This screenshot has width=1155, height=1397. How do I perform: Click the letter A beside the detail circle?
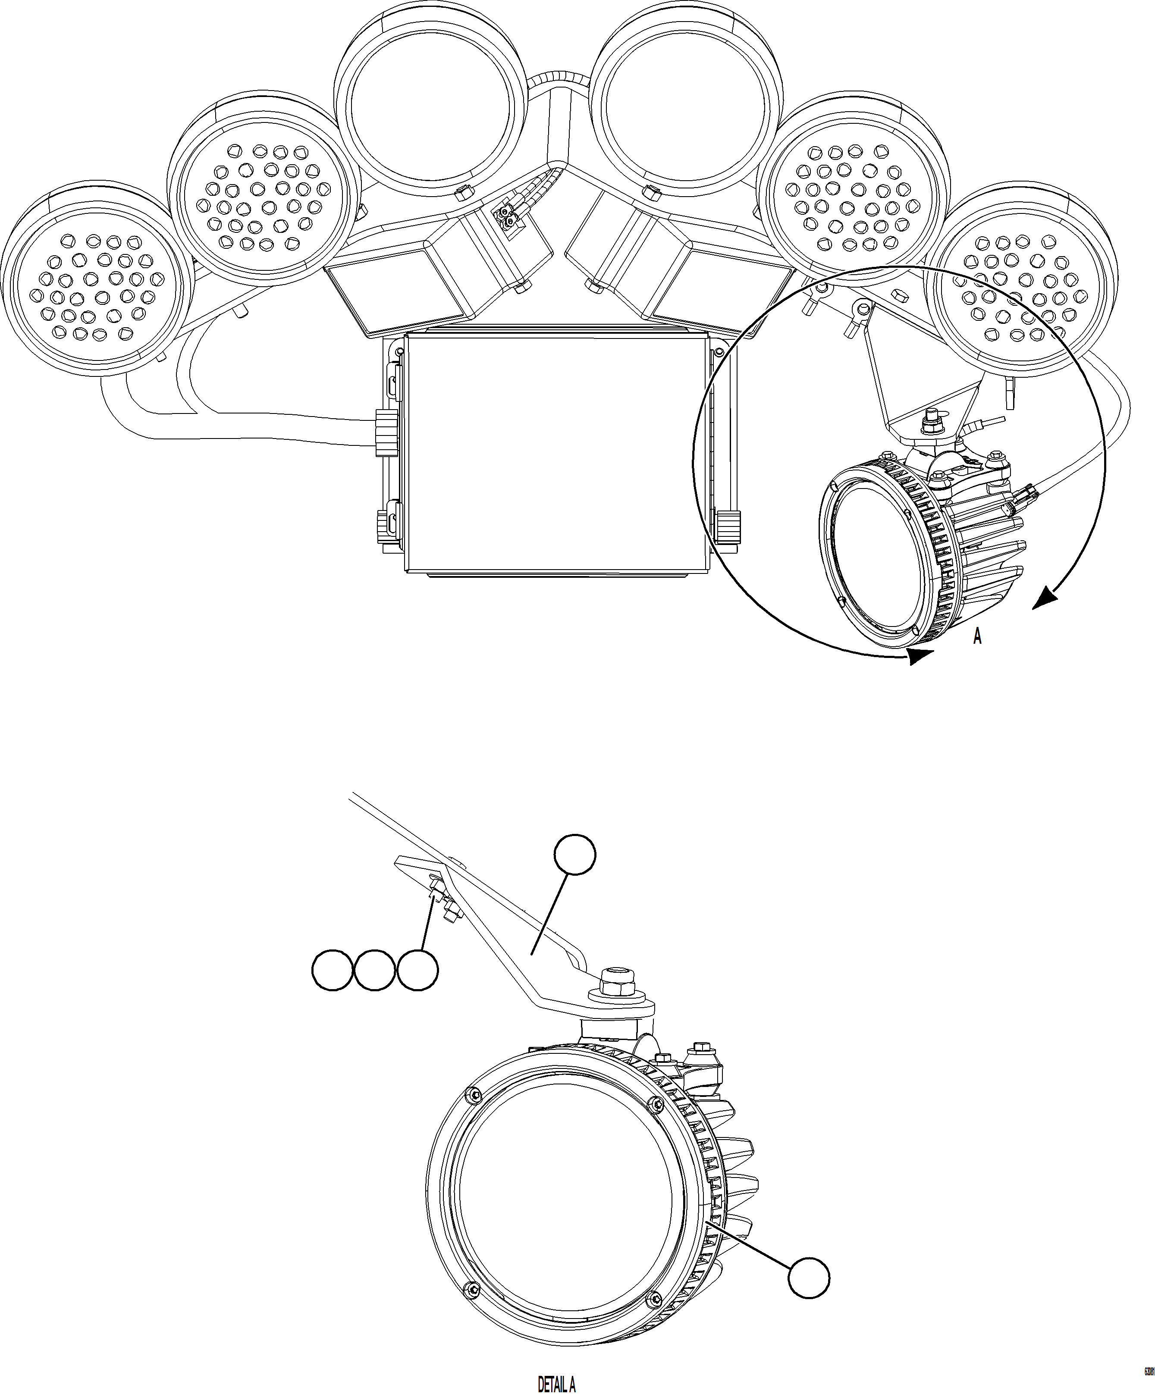tap(977, 637)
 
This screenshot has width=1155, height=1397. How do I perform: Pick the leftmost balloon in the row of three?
tap(332, 971)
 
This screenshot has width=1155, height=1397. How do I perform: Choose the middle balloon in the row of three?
tap(374, 971)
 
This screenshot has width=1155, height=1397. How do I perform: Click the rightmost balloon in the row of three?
tap(418, 971)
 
